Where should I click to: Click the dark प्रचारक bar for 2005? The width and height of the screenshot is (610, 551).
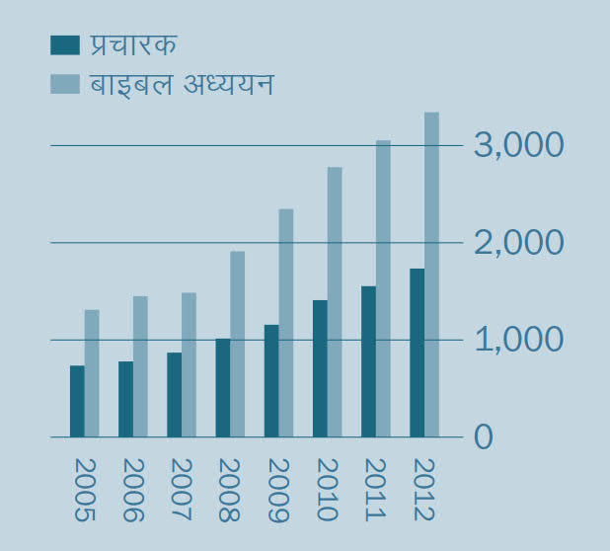click(x=77, y=401)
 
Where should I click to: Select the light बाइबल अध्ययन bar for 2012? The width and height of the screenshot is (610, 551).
click(x=431, y=275)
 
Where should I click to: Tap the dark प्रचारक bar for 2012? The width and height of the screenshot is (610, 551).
click(x=417, y=353)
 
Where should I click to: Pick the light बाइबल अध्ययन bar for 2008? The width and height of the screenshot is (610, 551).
click(x=238, y=344)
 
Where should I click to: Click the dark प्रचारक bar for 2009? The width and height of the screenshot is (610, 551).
click(x=271, y=380)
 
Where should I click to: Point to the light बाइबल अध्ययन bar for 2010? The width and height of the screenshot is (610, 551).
click(x=335, y=302)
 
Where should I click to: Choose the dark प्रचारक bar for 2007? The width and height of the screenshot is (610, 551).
click(x=174, y=394)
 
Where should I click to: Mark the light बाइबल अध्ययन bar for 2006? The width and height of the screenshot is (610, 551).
click(x=140, y=366)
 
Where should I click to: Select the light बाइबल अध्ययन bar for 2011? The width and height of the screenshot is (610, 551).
click(x=383, y=288)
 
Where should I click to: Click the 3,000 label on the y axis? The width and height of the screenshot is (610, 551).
click(x=519, y=145)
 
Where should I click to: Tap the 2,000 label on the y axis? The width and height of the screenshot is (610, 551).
click(x=519, y=242)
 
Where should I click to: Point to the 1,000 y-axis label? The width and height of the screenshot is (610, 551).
click(x=519, y=340)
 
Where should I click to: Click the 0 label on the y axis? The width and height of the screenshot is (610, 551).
click(x=483, y=436)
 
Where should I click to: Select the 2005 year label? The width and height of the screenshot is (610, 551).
click(x=84, y=490)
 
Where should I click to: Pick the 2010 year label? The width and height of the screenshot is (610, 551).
click(x=327, y=490)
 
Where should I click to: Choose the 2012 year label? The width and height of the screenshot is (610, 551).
click(x=423, y=490)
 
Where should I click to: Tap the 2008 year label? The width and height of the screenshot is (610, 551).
click(x=230, y=490)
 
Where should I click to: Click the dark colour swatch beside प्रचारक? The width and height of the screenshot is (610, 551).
click(x=64, y=45)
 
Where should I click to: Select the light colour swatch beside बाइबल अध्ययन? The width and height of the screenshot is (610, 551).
click(x=64, y=85)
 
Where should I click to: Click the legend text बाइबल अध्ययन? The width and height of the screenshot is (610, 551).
click(x=182, y=85)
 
